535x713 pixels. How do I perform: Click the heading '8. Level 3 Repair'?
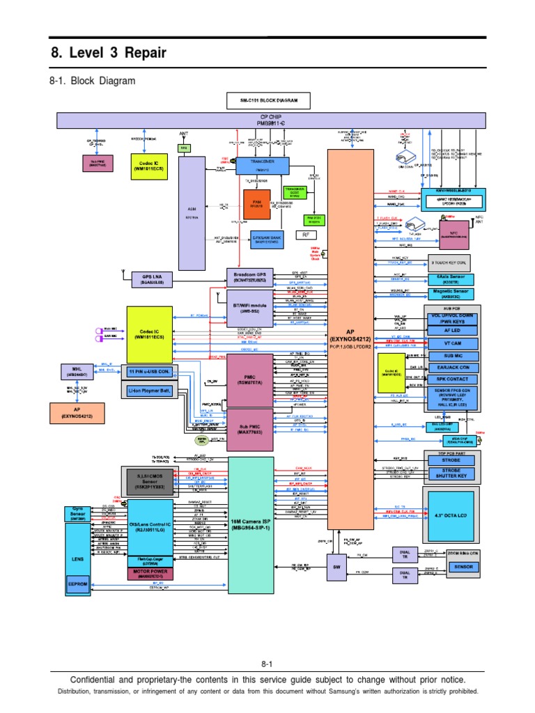point(109,54)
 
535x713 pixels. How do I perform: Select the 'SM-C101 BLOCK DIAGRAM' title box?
point(269,100)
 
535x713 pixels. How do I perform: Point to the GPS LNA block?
point(152,280)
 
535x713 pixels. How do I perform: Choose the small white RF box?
point(305,235)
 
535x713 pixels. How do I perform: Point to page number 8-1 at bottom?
point(267,666)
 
